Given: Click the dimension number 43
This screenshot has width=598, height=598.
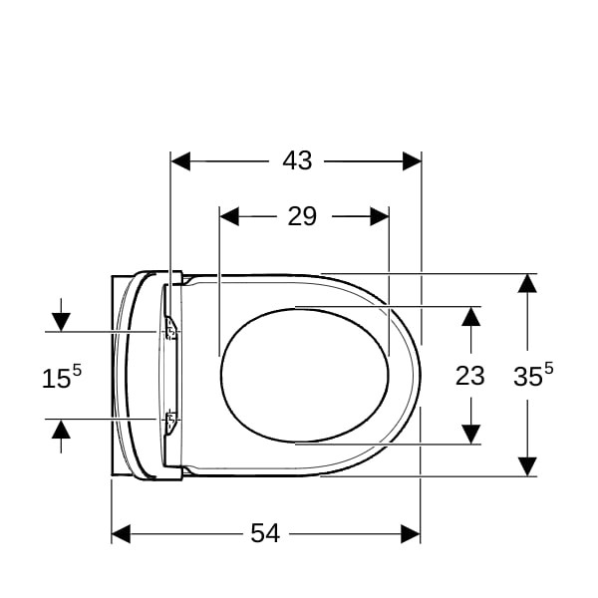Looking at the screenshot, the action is pos(297,160).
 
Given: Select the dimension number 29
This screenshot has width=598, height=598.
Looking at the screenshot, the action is pos(302,216).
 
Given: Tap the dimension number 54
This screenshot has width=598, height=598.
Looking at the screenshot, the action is pos(265,533).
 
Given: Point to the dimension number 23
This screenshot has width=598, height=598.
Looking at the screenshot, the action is pos(469,376).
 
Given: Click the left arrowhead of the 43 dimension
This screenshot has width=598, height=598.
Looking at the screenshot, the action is pos(180,160).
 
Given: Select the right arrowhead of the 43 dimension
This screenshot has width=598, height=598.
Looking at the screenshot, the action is pos(412,160).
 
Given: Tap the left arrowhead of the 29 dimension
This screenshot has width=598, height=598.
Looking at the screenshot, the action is pos(229,216).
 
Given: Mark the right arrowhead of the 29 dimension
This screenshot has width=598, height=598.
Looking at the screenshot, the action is pos(380,216).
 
